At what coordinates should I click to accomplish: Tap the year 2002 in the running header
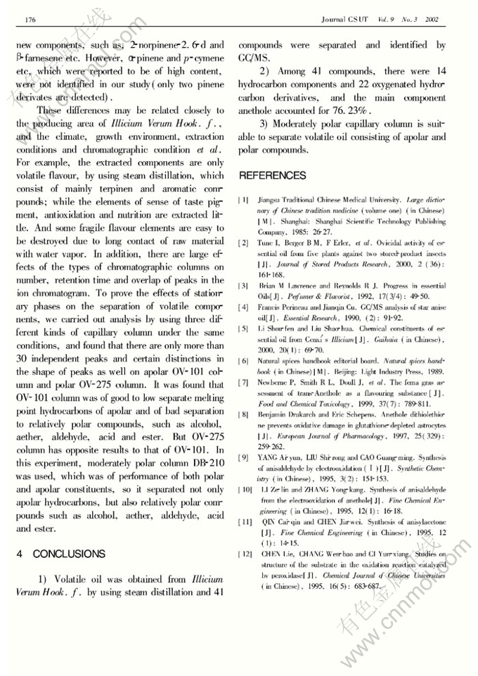432,19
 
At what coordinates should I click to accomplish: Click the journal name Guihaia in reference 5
377,338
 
